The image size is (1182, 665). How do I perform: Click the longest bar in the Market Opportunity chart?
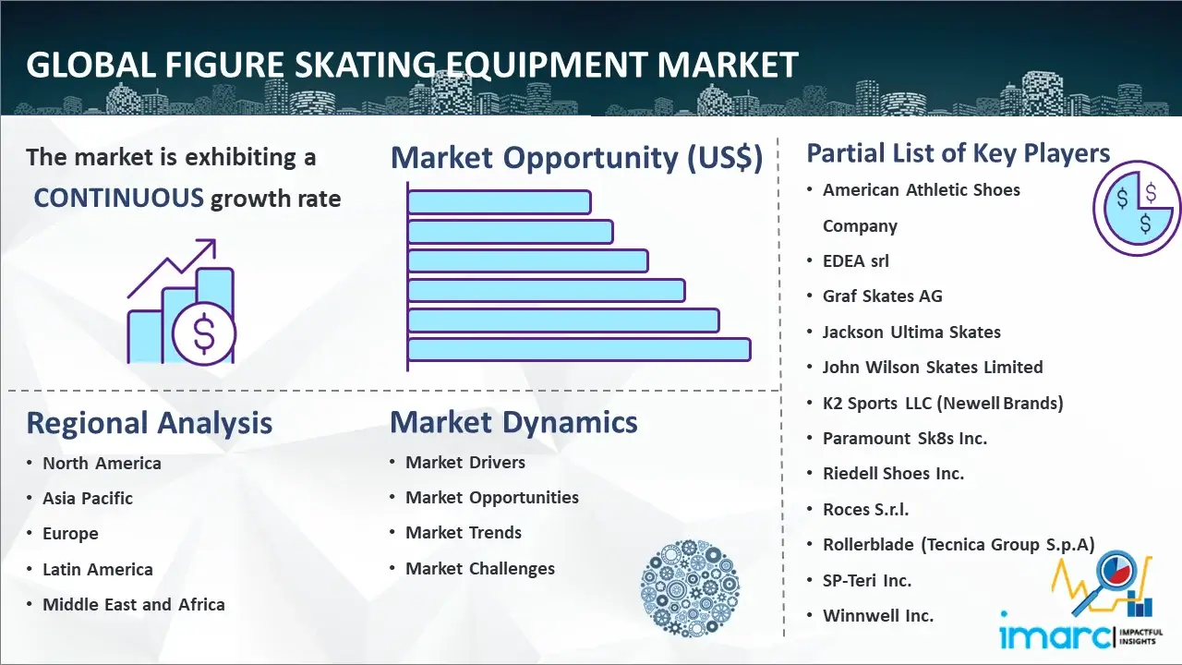point(579,349)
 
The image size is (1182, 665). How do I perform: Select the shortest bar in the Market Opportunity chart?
point(500,202)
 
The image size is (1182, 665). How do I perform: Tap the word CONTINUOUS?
point(119,198)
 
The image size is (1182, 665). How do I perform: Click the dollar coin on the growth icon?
point(204,333)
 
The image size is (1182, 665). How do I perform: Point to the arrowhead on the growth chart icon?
point(209,246)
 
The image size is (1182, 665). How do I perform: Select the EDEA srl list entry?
point(856,260)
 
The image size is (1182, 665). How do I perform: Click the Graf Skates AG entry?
point(882,296)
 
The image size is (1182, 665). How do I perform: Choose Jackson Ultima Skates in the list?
point(911,332)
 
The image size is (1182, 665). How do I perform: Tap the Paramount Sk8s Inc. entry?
point(904,438)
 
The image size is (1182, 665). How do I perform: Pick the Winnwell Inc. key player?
point(878,615)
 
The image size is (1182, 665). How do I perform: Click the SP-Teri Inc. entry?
point(867,580)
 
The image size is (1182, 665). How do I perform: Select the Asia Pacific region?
point(88,498)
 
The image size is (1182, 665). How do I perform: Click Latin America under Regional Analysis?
point(98,570)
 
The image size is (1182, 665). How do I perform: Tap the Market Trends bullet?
point(464,533)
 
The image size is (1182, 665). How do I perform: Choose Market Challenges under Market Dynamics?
point(479,568)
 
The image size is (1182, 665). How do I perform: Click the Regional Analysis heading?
point(150,423)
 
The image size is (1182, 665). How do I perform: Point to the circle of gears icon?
point(690,587)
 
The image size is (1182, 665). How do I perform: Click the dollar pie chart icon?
point(1137,208)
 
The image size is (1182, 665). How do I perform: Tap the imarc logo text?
point(1055,635)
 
